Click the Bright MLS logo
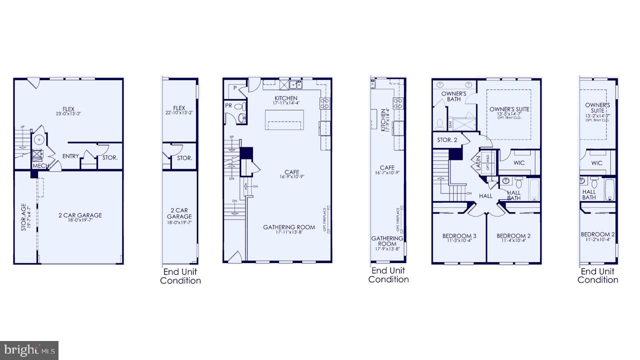point(29,349)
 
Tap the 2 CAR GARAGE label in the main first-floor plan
point(80,215)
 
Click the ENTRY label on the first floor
point(70,156)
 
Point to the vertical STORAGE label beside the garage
point(23,216)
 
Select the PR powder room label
point(228,106)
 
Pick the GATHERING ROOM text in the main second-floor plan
point(289,227)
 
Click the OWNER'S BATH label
point(454,96)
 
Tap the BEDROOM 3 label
point(459,236)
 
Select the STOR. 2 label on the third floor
point(447,140)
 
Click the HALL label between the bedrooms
point(485,196)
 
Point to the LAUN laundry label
point(477,162)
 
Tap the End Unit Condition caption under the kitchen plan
point(388,275)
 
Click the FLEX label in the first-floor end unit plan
point(179,108)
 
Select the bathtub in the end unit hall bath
point(609,189)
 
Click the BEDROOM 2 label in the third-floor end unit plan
point(597,234)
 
